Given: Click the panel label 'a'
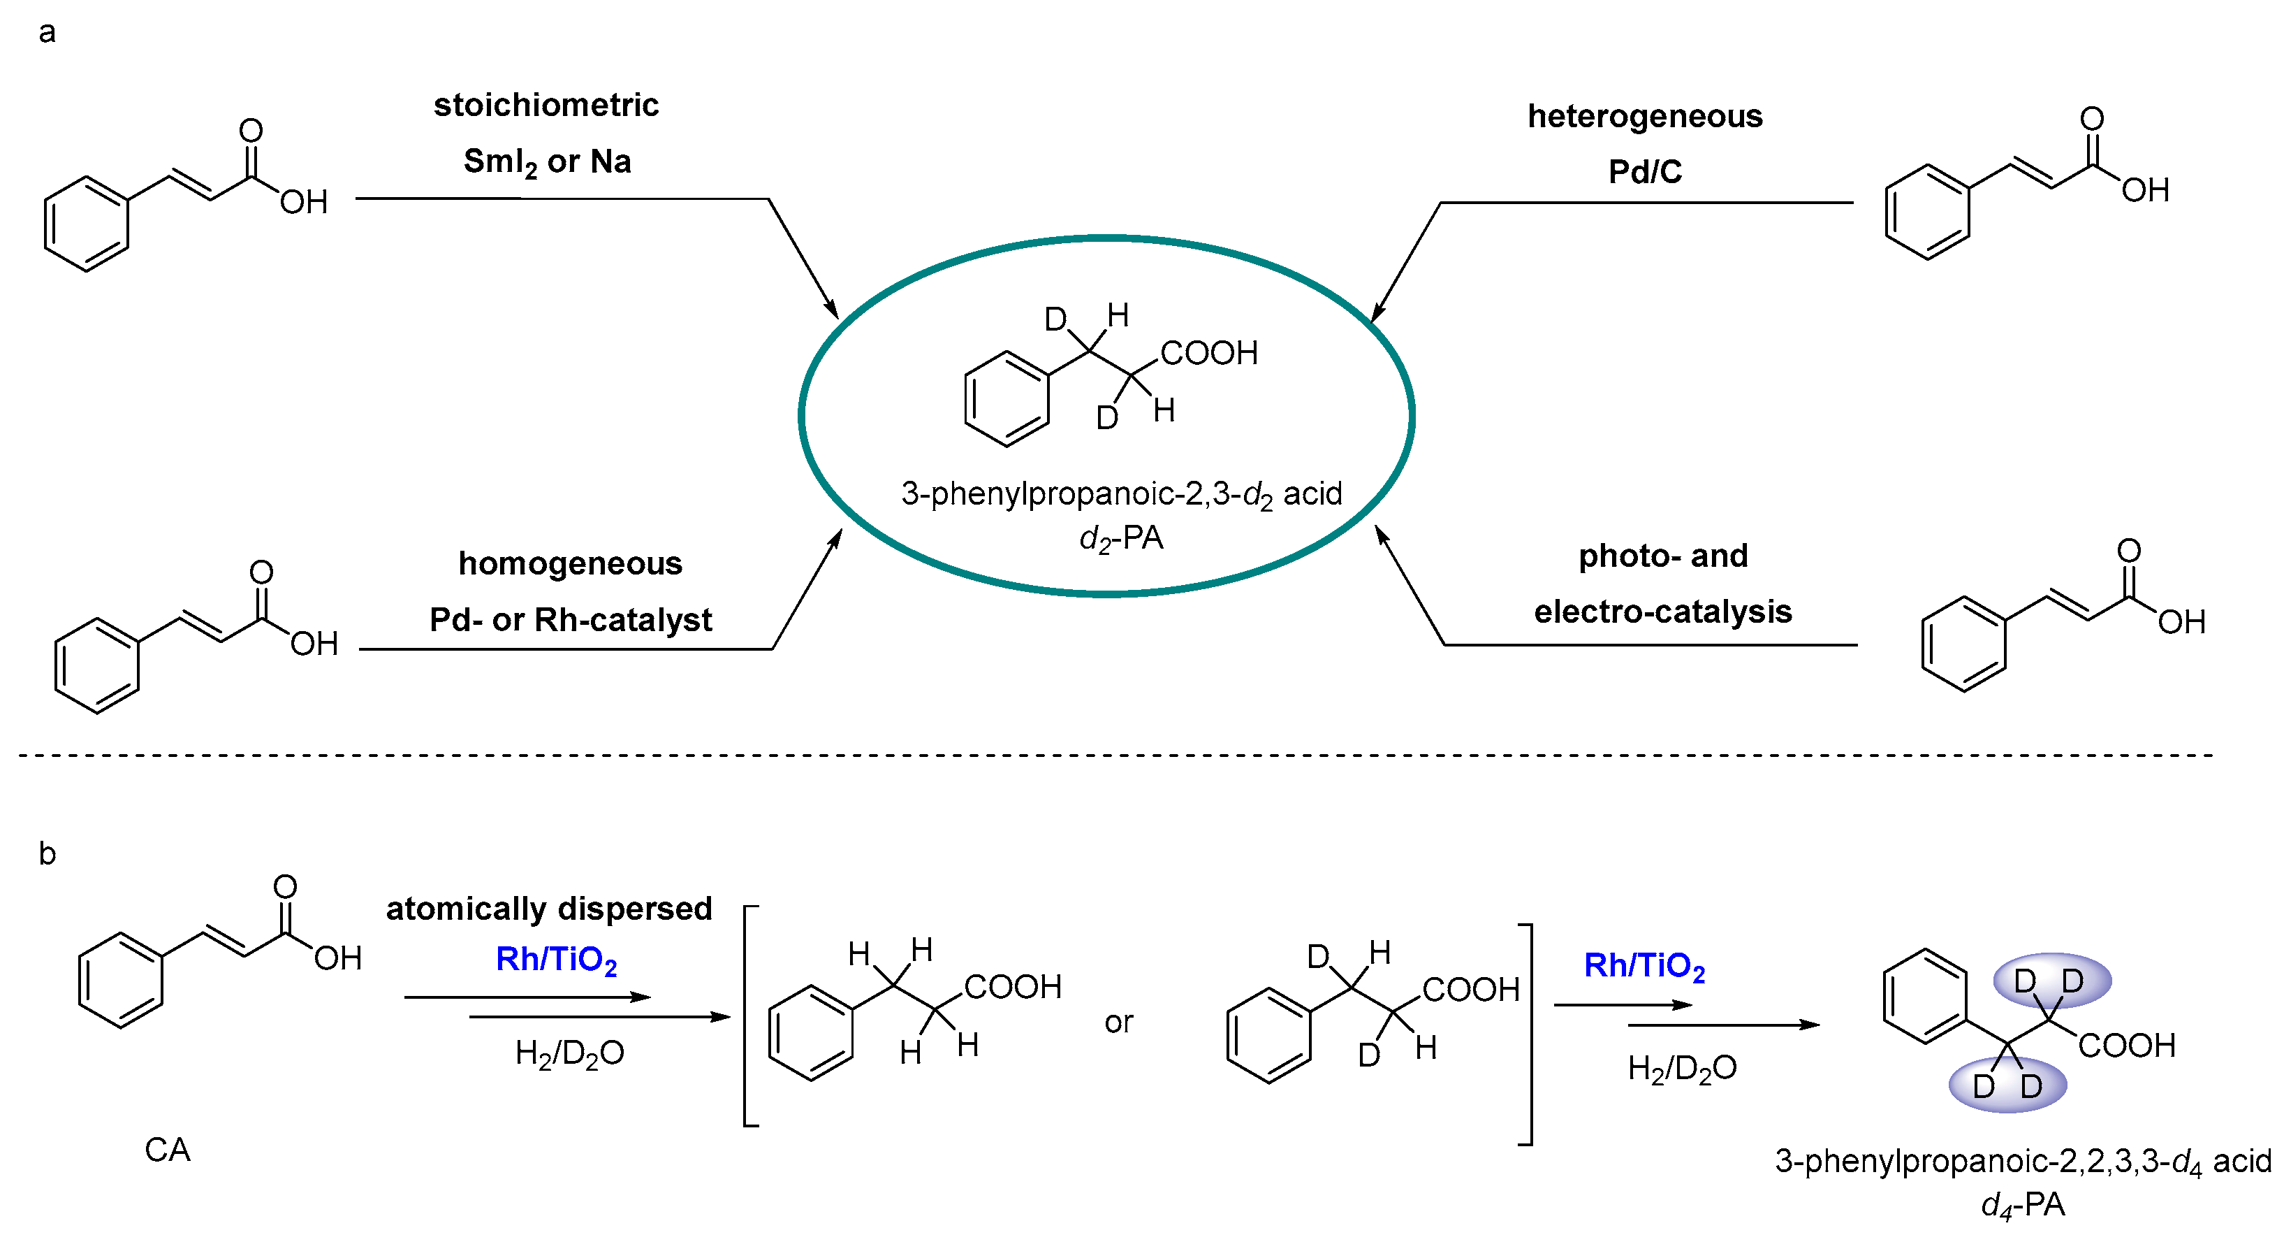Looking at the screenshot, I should (47, 32).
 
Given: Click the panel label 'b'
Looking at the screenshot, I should (47, 854).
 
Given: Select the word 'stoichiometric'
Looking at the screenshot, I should (546, 105).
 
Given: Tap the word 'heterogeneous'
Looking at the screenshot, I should (1644, 117).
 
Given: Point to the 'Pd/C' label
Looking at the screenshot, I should (1644, 172).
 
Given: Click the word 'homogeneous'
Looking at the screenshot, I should (570, 563).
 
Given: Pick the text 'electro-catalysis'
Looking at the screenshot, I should (1662, 612).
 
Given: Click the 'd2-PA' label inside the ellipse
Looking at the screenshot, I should (1120, 538).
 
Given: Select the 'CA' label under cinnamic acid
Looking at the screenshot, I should (167, 1150).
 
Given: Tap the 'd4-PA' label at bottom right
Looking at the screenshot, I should (2022, 1205).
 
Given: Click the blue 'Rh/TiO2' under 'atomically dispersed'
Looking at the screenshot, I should (556, 960).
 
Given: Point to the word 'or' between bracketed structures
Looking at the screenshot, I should (1119, 1023).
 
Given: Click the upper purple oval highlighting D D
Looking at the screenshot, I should (2051, 981).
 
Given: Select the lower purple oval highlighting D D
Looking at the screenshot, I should (2007, 1085).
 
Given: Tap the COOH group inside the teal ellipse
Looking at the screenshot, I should (1208, 353).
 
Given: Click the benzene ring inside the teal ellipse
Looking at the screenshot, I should (1007, 398).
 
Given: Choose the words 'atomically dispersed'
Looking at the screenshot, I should (549, 909).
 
